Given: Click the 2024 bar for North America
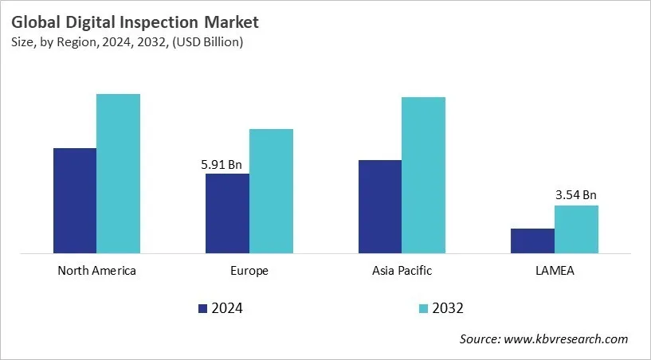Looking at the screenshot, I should [75, 201].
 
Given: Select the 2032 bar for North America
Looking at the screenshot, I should [118, 174].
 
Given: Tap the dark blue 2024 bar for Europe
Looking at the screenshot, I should [227, 213].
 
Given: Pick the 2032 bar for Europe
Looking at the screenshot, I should [271, 191].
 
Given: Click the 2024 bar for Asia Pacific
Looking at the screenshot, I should [380, 207].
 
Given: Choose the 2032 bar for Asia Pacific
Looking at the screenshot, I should [423, 175].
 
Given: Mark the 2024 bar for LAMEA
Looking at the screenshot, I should [532, 241].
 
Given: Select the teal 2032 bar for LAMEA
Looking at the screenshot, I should [576, 229].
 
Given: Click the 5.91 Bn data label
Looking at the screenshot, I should [221, 165].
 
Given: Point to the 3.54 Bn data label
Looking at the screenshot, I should [575, 194].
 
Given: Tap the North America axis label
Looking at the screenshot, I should [96, 271].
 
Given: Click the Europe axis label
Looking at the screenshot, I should [249, 271].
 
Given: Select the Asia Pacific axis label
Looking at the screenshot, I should [402, 271].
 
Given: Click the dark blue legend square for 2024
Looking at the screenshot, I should [202, 308].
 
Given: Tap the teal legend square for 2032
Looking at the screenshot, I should [422, 308].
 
